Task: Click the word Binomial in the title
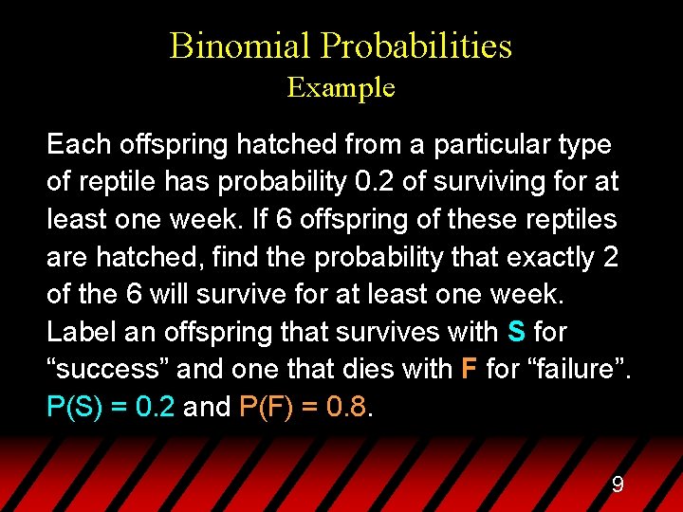[x=240, y=46]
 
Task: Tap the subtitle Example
[x=341, y=88]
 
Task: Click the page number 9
[x=617, y=485]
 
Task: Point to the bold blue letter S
[x=516, y=332]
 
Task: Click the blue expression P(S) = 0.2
[x=111, y=407]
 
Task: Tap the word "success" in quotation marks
[x=106, y=369]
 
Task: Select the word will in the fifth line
[x=181, y=294]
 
